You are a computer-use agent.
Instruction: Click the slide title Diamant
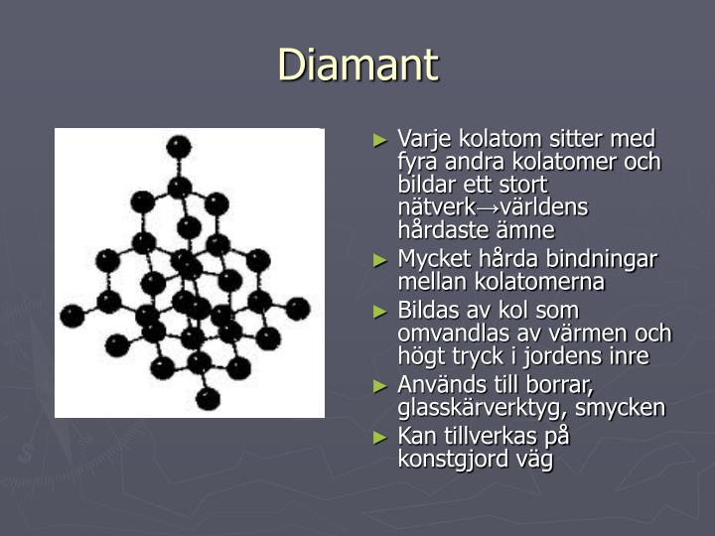pyautogui.click(x=357, y=66)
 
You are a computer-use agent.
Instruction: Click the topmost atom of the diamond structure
pyautogui.click(x=179, y=147)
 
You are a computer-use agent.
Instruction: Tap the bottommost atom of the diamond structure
pyautogui.click(x=207, y=399)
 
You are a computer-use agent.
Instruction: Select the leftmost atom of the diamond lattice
pyautogui.click(x=71, y=317)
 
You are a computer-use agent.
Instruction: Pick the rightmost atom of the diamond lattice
pyautogui.click(x=298, y=309)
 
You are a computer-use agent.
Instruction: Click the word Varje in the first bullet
pyautogui.click(x=421, y=139)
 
